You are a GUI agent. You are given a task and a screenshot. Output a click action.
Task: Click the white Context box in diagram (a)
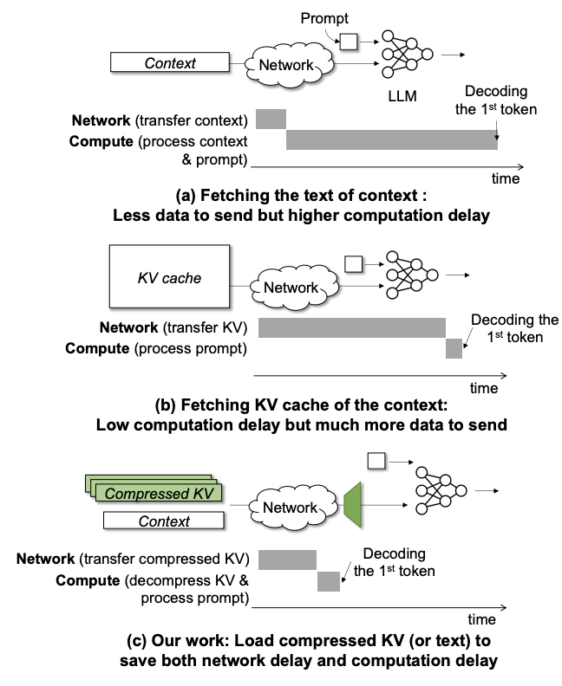[169, 62]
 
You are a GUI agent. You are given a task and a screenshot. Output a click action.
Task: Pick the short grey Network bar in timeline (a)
[271, 120]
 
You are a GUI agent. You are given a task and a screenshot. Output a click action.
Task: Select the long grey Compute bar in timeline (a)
[391, 139]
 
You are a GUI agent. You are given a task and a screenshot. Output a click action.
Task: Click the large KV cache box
[169, 278]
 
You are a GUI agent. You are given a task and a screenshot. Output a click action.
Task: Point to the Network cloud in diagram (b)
[291, 286]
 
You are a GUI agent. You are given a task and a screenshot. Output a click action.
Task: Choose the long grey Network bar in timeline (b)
[351, 327]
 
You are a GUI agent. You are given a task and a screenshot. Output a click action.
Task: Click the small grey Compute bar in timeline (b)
[454, 348]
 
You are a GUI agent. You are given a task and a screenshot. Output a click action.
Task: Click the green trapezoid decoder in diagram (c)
[354, 507]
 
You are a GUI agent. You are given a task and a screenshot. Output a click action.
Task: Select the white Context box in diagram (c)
[163, 521]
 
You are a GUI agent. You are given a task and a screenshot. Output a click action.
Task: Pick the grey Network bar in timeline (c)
[287, 559]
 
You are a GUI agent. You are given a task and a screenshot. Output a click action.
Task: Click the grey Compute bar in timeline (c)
[328, 580]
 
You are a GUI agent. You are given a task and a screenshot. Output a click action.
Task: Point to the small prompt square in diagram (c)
[376, 461]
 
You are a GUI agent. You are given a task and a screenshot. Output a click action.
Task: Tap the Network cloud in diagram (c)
[291, 507]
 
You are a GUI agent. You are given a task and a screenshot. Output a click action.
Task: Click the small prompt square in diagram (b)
[352, 262]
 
